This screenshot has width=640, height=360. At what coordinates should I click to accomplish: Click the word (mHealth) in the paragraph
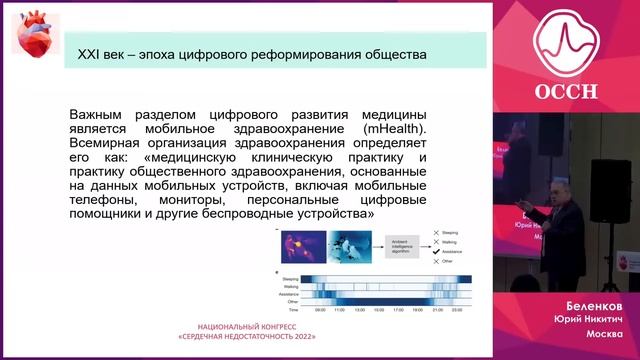point(396,130)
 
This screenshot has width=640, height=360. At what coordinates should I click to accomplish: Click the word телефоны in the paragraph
point(102,200)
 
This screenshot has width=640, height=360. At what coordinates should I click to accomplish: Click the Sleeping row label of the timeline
point(290,279)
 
